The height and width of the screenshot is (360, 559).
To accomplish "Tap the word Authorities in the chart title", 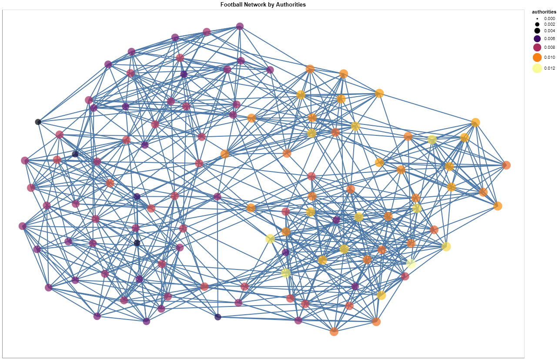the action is tap(291, 4).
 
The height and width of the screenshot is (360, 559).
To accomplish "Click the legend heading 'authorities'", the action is tap(544, 12).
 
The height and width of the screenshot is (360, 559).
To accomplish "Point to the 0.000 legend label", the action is tap(549, 18).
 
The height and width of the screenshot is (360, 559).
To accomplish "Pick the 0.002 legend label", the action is tap(549, 24).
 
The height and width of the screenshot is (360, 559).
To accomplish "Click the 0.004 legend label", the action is tap(549, 31).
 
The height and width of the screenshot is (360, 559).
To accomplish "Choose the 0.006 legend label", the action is tap(549, 38).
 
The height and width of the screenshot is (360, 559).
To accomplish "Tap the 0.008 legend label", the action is tap(549, 47).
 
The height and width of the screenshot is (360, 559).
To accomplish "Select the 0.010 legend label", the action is tap(549, 57).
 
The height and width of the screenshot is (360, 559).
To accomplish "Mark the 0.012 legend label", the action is tap(549, 68).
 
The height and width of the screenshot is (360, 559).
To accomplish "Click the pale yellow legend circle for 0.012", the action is tap(537, 68).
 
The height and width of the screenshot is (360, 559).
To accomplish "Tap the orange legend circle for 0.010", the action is tap(537, 57).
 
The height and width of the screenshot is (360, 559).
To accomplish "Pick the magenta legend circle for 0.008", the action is tap(537, 47).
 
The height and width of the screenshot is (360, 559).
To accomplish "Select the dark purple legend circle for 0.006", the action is tap(537, 39).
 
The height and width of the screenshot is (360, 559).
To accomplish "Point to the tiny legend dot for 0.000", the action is tap(537, 19).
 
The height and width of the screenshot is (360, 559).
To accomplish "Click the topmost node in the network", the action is tap(240, 26).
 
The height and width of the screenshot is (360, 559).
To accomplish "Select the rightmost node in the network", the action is tap(506, 165).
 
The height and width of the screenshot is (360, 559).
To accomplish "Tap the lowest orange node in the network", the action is tap(334, 332).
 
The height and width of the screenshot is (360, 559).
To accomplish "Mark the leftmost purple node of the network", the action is tap(23, 226).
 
